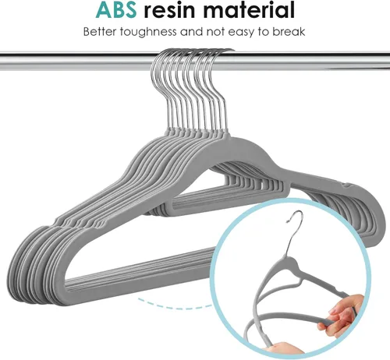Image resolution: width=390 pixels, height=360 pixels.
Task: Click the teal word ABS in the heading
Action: coord(116,9)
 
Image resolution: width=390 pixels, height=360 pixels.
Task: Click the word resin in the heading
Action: coord(169,9)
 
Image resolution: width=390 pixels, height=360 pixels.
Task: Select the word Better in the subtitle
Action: coord(100,32)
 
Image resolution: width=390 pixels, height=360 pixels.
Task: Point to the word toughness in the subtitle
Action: coord(148,32)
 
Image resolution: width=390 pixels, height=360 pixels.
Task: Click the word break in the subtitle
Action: coord(289,32)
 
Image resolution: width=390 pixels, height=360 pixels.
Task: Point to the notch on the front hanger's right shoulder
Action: coord(346,185)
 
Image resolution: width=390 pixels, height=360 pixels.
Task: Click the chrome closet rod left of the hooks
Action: coord(76,62)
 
